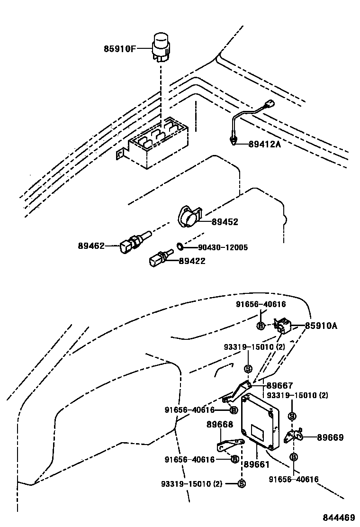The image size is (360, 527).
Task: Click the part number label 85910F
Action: [x=120, y=48]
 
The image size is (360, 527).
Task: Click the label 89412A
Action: [x=264, y=144]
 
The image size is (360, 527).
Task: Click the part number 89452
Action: [x=225, y=222]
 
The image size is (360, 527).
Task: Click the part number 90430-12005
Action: [x=216, y=247]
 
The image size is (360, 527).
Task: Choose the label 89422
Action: [x=192, y=261]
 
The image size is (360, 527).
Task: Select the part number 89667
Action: [x=279, y=386]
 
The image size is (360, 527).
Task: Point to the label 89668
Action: [x=219, y=425]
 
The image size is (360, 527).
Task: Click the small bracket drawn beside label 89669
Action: [x=294, y=436]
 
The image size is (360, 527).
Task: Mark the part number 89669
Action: [x=330, y=437]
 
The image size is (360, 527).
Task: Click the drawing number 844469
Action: [x=339, y=517]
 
